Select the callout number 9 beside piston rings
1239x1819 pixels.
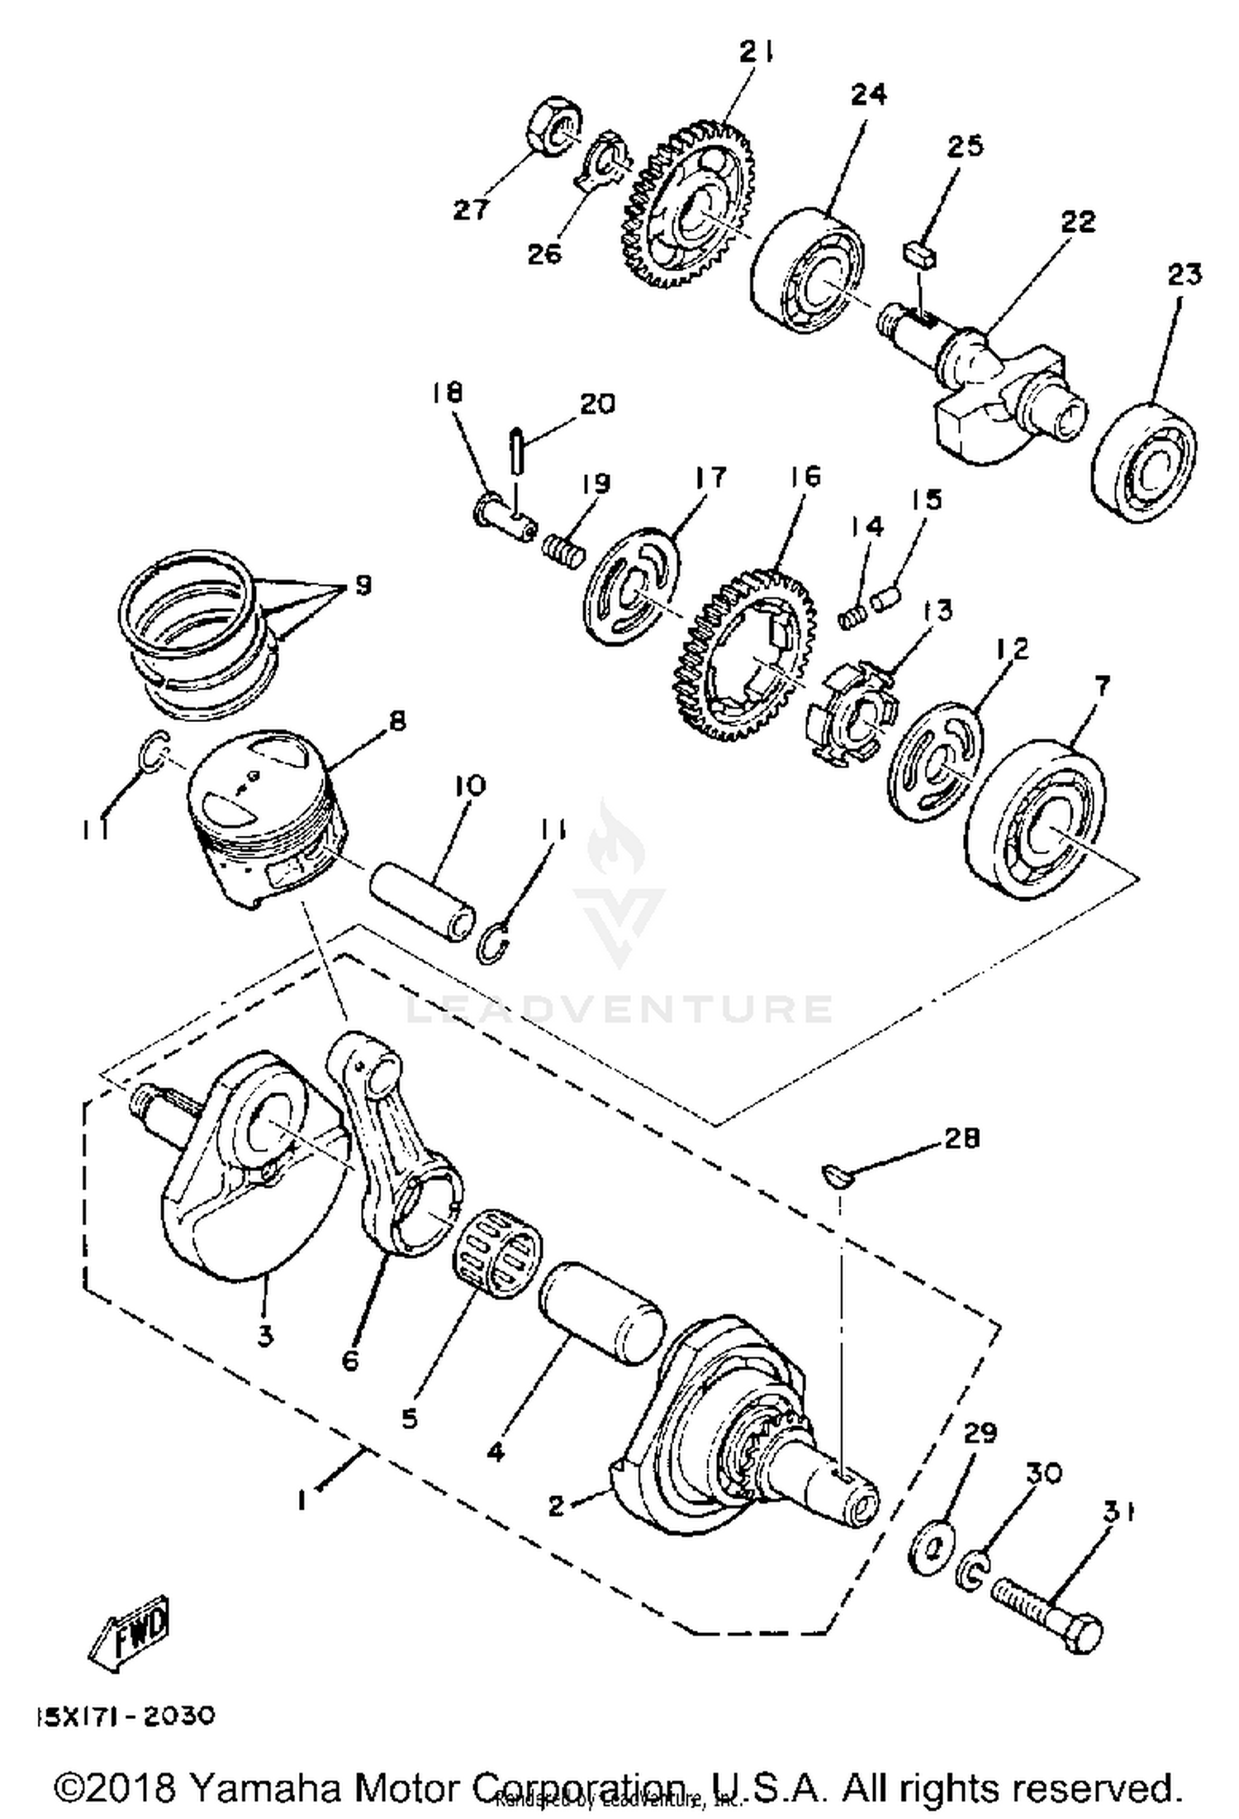(362, 585)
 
